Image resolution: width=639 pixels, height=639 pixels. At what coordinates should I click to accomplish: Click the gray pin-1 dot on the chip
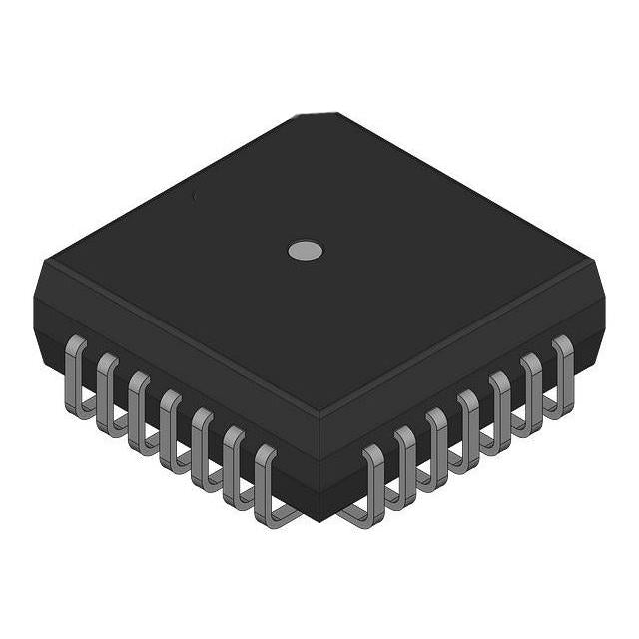click(306, 250)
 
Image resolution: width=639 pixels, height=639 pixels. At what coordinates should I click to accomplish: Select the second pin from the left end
click(106, 383)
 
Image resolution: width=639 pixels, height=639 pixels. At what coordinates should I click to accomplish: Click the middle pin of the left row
click(169, 419)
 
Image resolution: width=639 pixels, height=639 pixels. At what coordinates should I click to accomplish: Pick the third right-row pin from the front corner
click(436, 438)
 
